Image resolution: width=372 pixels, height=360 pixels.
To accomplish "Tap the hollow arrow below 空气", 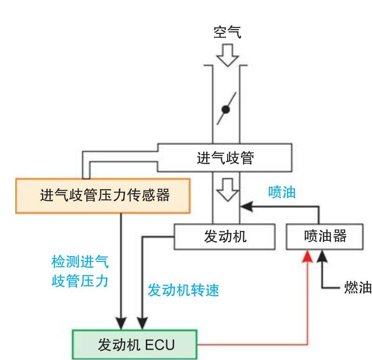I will pos(227,54).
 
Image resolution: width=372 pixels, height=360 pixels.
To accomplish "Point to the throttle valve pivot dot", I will pos(226,109).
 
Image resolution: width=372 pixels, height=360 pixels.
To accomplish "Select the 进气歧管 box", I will pos(225,158).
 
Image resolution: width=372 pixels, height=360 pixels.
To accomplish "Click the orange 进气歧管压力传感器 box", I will pos(103,195).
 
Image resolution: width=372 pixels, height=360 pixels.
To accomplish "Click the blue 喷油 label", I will pos(281,193).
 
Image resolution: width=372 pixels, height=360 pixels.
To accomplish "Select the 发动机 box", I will pos(225,237).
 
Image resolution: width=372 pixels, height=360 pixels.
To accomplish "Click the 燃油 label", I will pos(358,287).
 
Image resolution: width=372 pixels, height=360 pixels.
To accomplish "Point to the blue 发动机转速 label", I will pos(183,290).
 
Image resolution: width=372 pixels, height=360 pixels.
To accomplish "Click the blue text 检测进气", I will pos(80,262).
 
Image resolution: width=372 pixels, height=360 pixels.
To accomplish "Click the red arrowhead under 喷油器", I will pos(307,255).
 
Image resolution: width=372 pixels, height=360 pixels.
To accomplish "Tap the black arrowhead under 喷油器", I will pos(320,255).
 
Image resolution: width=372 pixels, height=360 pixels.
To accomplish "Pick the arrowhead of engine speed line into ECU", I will pos(142,323).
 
